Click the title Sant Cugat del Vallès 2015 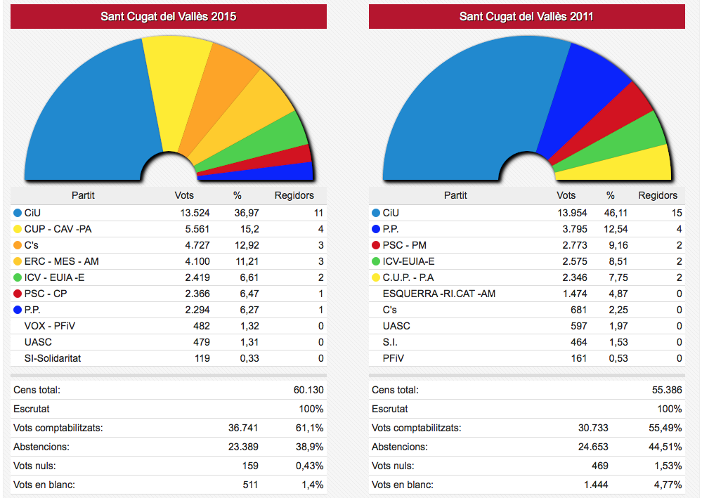click(169, 16)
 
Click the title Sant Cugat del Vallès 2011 click(526, 16)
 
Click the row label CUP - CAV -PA click(58, 228)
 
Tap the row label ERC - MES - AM click(62, 261)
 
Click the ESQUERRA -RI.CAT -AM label click(438, 293)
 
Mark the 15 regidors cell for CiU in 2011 click(676, 212)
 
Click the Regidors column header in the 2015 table click(294, 195)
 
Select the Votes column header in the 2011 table click(566, 195)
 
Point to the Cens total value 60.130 click(308, 390)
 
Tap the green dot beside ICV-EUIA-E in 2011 click(375, 261)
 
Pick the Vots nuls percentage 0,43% click(310, 466)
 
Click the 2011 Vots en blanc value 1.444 click(594, 485)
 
